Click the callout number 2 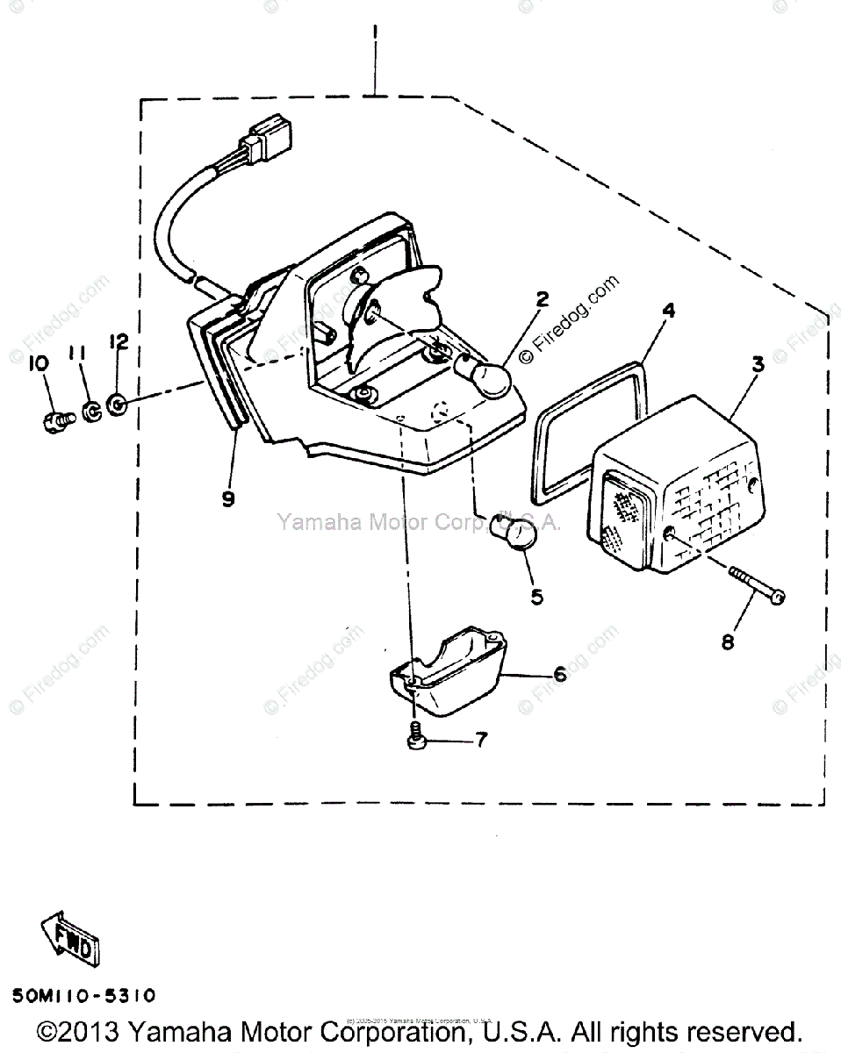click(542, 300)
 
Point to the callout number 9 click(228, 500)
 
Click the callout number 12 click(119, 340)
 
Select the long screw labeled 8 click(755, 586)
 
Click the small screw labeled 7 click(415, 739)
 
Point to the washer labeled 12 click(116, 405)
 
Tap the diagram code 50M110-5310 click(84, 996)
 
